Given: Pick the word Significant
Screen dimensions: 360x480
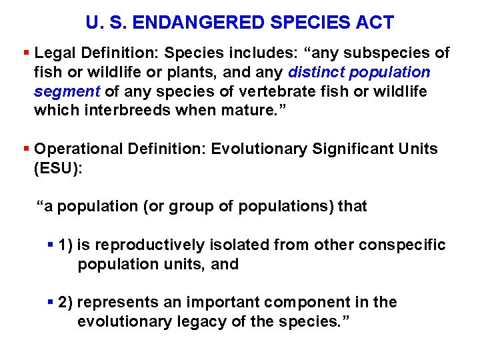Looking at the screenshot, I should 345,149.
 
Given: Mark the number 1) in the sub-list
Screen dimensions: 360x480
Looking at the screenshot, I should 65,245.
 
